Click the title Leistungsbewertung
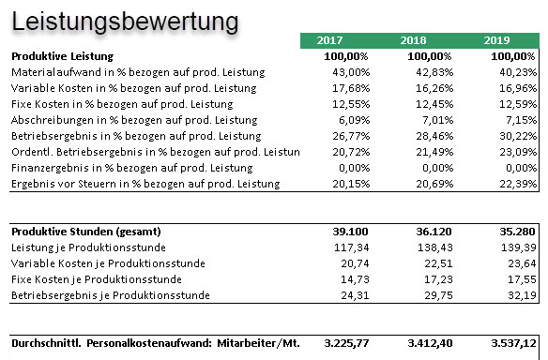point(125,20)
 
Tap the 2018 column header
point(413,41)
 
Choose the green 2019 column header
point(495,41)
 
